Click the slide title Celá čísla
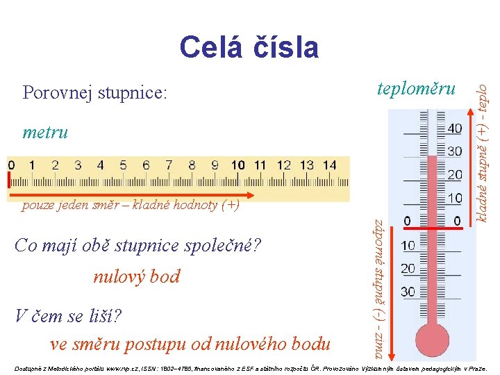(x=249, y=48)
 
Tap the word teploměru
(x=415, y=88)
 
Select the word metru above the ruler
(x=45, y=132)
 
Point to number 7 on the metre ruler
(x=169, y=165)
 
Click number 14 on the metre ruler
(x=328, y=165)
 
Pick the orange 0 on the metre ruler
(x=10, y=165)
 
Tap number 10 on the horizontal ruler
(x=237, y=165)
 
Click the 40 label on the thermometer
(x=454, y=128)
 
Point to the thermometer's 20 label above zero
(x=454, y=174)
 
